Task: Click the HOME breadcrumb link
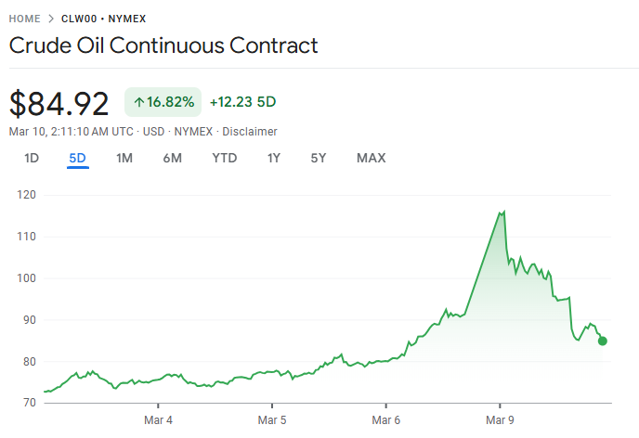point(25,19)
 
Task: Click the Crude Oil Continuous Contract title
point(163,45)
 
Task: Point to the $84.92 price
point(59,102)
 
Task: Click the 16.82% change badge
point(163,102)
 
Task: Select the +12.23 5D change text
point(242,102)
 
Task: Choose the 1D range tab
point(32,158)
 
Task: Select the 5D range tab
point(77,158)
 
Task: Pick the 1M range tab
point(124,158)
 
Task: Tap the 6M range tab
point(172,158)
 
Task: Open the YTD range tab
point(225,158)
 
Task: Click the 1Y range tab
point(273,158)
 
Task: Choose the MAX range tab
point(371,158)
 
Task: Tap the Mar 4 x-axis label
point(159,420)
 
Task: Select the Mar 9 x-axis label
point(500,420)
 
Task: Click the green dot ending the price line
point(603,341)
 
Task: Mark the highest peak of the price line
point(503,212)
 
